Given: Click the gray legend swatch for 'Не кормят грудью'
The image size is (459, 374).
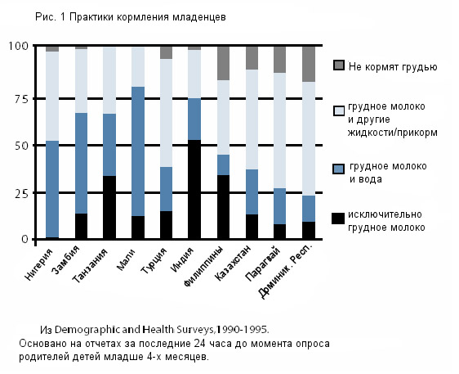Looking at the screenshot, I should (x=339, y=65).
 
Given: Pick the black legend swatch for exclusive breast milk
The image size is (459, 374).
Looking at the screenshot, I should (x=339, y=218).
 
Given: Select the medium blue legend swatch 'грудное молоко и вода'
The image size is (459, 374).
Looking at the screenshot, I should (x=339, y=169).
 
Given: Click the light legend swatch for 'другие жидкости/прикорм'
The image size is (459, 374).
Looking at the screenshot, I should (x=339, y=111).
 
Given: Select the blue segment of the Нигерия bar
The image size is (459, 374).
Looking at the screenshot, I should (x=52, y=189).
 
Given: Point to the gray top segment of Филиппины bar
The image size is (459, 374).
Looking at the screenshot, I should (x=223, y=63).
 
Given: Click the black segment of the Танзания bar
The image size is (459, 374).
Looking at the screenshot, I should (x=109, y=208).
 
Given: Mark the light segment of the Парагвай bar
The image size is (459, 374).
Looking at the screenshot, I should (x=280, y=131).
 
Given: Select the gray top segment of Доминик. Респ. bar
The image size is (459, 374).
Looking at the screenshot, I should (x=309, y=64).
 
